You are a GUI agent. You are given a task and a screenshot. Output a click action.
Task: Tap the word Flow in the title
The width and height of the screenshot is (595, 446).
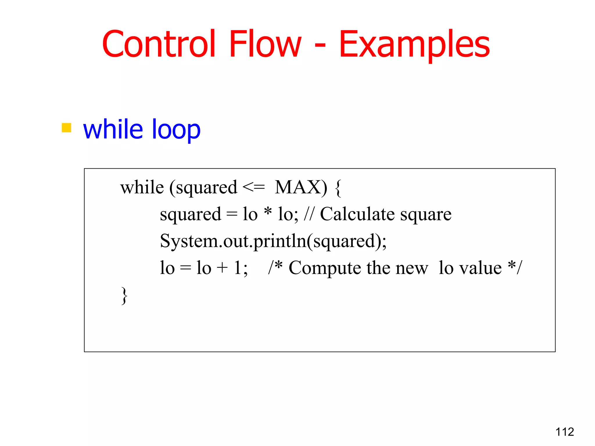click(265, 44)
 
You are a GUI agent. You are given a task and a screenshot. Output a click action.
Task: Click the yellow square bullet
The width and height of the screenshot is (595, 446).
click(67, 128)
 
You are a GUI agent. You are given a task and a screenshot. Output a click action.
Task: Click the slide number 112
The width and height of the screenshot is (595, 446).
click(564, 432)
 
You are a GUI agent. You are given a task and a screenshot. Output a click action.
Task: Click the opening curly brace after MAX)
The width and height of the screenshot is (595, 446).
click(338, 188)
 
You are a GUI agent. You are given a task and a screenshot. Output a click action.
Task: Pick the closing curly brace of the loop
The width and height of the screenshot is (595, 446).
click(124, 296)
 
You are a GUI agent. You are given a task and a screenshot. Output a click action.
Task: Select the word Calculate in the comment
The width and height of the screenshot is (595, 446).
click(357, 214)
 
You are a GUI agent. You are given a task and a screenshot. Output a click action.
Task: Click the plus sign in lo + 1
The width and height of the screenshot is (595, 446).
click(222, 268)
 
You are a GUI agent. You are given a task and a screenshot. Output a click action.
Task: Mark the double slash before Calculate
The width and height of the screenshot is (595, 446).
click(309, 214)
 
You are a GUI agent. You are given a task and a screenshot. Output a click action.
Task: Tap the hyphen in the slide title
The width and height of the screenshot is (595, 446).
click(320, 46)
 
